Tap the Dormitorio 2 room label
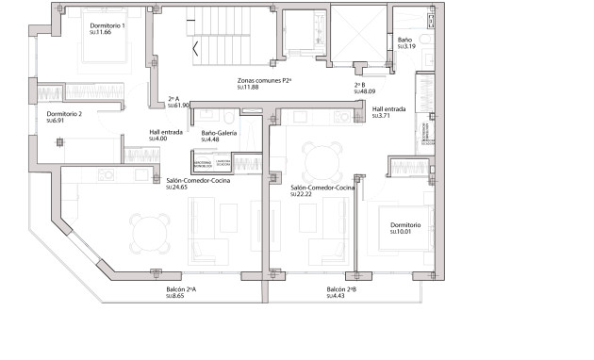[x=64, y=114]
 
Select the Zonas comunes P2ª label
[x=264, y=82]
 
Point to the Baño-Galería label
[x=220, y=133]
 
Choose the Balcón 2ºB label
[x=340, y=289]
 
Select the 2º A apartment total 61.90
[x=179, y=106]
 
